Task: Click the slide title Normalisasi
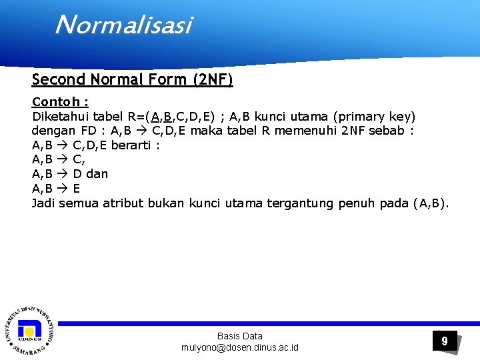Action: coord(123,25)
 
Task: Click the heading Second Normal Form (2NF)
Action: coord(132,80)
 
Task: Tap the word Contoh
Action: coord(57,102)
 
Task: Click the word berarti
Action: coord(131,145)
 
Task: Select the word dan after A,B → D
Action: coord(97,174)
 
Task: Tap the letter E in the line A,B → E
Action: coord(76,189)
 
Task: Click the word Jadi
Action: coord(43,203)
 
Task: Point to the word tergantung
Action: coord(301,203)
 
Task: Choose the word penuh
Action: coord(357,203)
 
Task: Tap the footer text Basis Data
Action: coord(240,336)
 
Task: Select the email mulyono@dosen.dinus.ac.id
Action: coord(240,347)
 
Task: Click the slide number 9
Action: coord(445,341)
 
